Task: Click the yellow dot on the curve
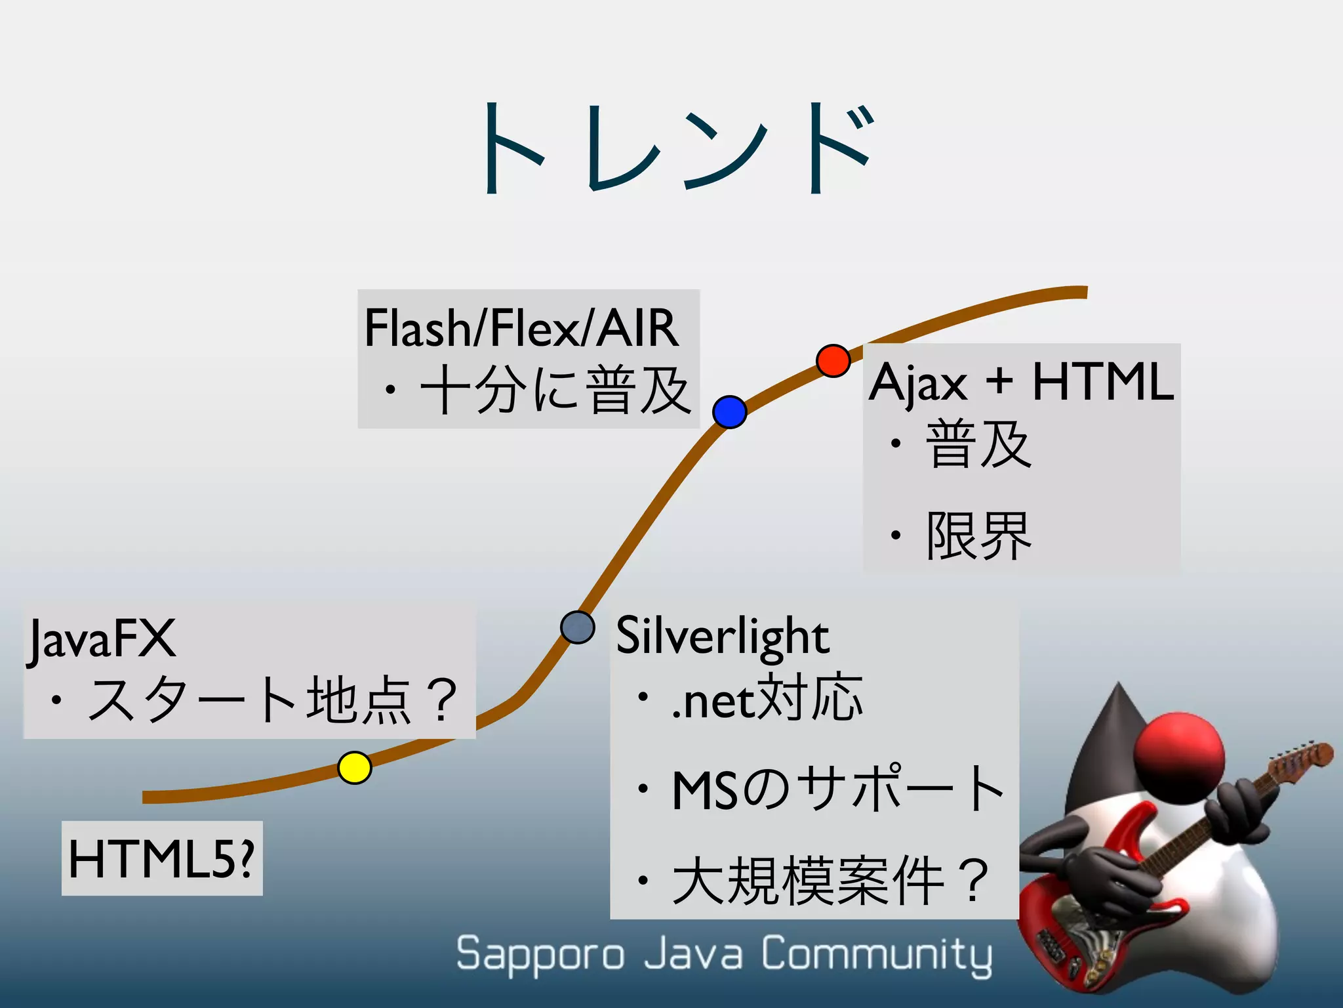(355, 767)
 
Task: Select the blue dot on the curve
(729, 412)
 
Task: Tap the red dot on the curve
(833, 360)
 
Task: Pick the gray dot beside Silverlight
(578, 627)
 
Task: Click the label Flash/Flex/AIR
(521, 327)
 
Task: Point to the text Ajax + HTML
(1020, 382)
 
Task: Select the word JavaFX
(102, 639)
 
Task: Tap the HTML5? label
(161, 858)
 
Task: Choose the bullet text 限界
(978, 536)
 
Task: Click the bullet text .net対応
(767, 698)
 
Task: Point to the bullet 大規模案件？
(830, 880)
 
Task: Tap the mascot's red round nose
(1179, 755)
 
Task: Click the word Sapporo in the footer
(540, 954)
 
